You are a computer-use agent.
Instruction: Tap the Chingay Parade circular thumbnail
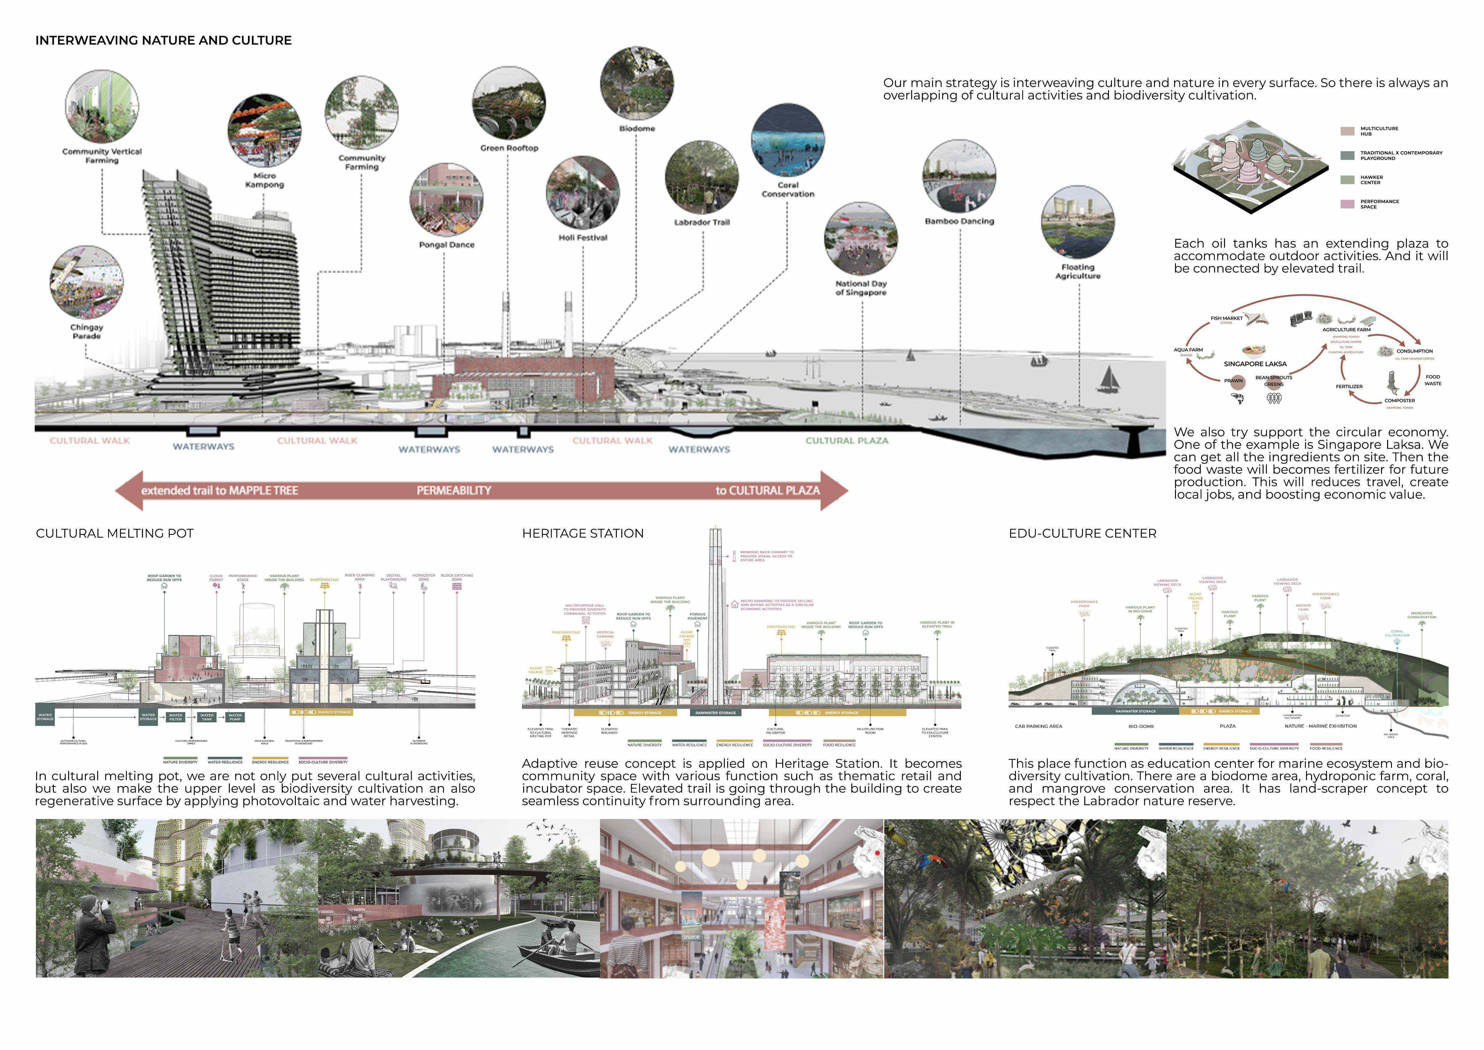click(x=87, y=282)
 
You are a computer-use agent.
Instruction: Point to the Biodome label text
click(x=637, y=129)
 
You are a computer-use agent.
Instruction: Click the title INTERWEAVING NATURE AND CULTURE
click(x=164, y=40)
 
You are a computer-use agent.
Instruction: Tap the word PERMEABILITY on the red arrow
click(x=454, y=491)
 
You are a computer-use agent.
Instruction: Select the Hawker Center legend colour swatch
click(x=1347, y=180)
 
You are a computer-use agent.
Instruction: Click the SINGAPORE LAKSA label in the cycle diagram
click(x=1255, y=364)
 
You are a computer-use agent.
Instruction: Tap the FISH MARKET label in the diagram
click(x=1226, y=318)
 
